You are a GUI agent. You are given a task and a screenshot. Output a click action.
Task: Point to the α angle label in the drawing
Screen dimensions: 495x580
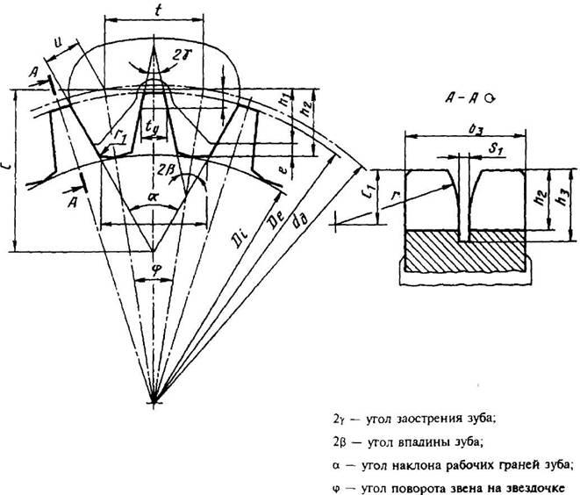[154, 198]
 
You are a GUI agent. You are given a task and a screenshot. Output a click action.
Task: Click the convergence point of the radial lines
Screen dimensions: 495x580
[154, 401]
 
